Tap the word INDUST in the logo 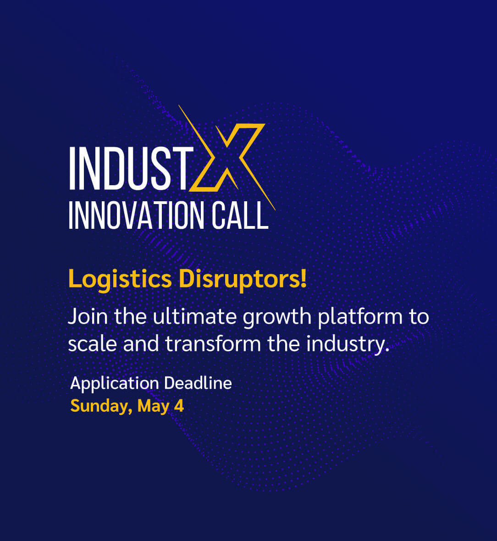point(132,168)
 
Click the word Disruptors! point(243,280)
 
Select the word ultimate point(195,316)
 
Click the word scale point(93,344)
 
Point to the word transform point(213,344)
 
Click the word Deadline point(198,383)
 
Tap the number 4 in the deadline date point(179,406)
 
